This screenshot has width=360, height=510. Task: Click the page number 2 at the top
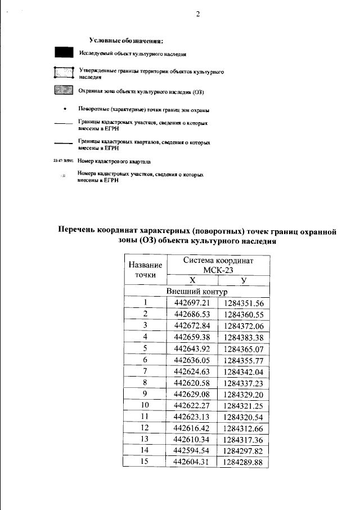[x=197, y=14]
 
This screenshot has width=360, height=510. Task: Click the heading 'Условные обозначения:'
[x=127, y=41]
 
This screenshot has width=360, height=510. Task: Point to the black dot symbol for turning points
[x=65, y=109]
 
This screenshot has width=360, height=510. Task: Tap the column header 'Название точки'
[x=145, y=270]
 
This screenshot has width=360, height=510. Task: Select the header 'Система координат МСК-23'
[x=219, y=265]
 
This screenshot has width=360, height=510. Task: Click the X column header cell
[x=192, y=280]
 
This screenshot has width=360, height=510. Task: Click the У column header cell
[x=244, y=280]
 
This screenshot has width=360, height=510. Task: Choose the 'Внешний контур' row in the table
[x=196, y=292]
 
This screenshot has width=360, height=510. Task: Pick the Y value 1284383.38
[x=244, y=337]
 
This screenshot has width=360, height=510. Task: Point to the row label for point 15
[x=145, y=462]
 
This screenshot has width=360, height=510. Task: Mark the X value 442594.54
[x=192, y=450]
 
